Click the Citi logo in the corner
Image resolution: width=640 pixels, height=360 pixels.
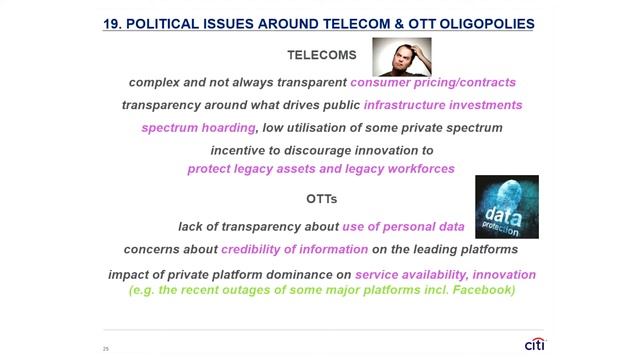[535, 344]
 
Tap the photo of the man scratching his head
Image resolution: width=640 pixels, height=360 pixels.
[402, 57]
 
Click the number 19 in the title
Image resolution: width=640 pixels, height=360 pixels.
[111, 22]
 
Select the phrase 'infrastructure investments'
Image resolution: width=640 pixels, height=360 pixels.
[443, 105]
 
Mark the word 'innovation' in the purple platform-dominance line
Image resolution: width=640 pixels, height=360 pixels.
[504, 274]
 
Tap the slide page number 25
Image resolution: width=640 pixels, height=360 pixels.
[105, 348]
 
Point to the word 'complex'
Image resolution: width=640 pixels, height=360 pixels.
[155, 82]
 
